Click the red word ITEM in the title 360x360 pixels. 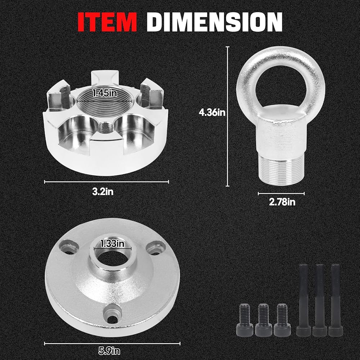click(107, 22)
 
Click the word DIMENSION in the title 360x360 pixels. click(215, 22)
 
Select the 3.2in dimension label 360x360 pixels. click(103, 192)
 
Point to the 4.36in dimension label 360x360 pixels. click(212, 112)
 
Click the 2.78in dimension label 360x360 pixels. click(282, 202)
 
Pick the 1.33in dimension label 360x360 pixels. click(112, 243)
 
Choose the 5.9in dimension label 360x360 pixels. click(109, 351)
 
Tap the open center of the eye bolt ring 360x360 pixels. click(280, 85)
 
